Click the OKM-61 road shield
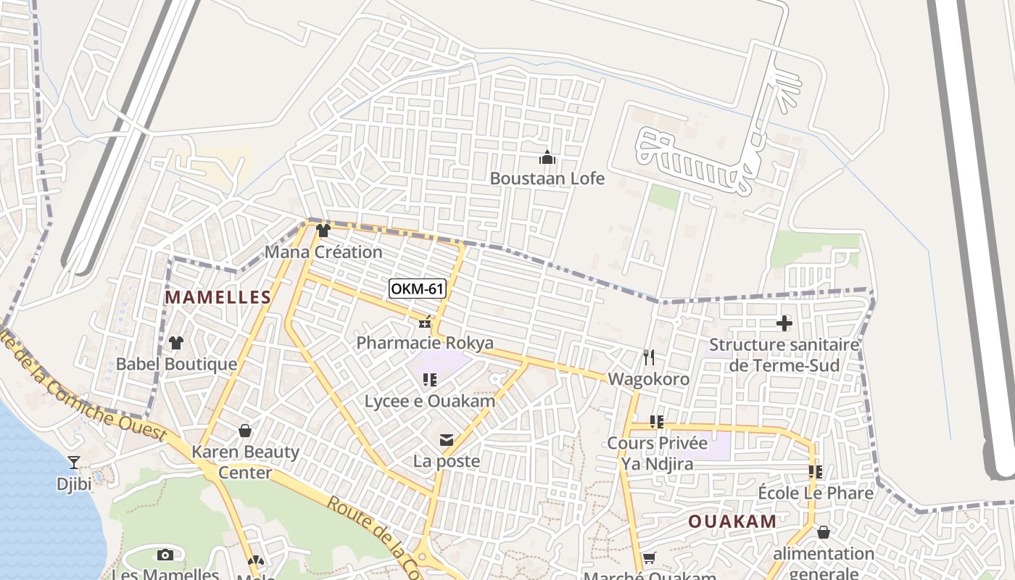[417, 289]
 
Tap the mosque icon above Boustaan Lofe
[547, 157]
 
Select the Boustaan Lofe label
[547, 178]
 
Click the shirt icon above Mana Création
[323, 231]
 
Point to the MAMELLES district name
[217, 297]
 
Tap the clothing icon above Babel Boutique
[176, 342]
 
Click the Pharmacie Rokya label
[425, 343]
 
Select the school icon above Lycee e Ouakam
[429, 379]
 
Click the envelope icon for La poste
[446, 440]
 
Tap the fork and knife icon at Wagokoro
[648, 357]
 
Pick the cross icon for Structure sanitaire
[784, 323]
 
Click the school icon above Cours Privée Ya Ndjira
[657, 421]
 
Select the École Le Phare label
[815, 494]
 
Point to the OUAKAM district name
[732, 521]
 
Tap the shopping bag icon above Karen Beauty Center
[245, 431]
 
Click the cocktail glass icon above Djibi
[73, 462]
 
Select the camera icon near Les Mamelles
[165, 555]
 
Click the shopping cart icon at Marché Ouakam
[649, 558]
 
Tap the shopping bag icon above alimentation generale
[823, 532]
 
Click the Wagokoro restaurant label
[648, 379]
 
